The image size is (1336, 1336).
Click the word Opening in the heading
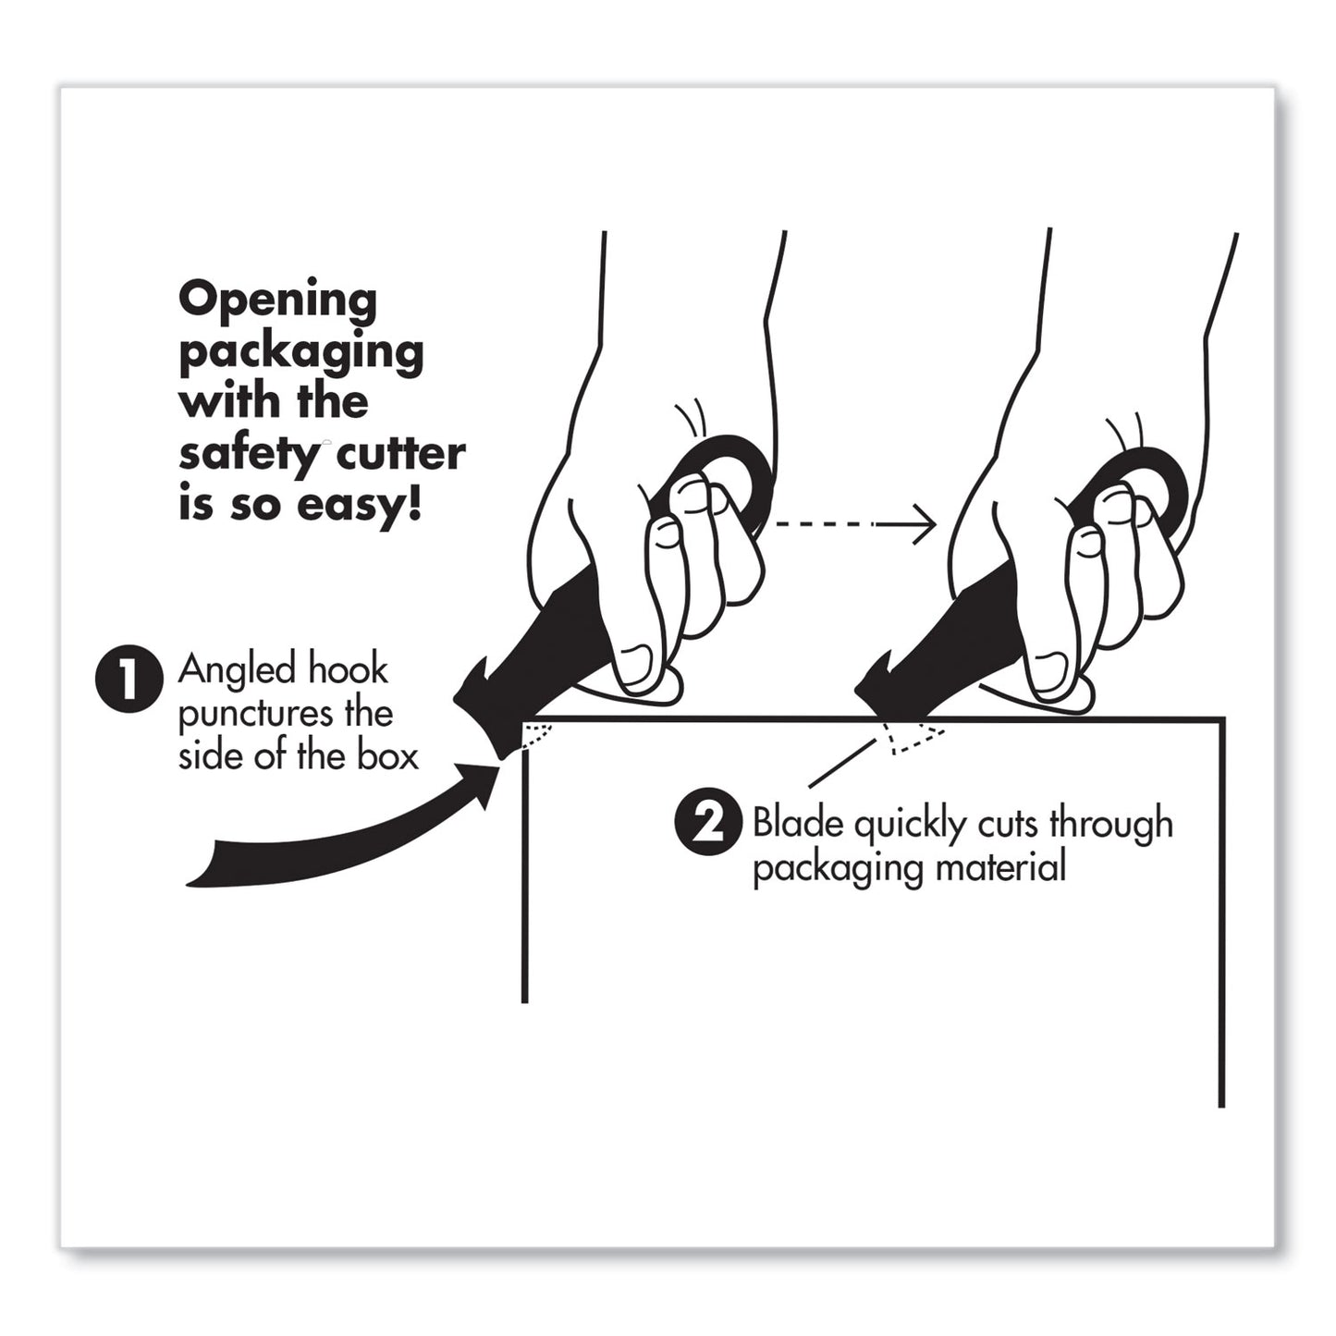(277, 301)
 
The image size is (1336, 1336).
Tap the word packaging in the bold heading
(300, 354)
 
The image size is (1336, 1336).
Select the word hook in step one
(347, 669)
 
